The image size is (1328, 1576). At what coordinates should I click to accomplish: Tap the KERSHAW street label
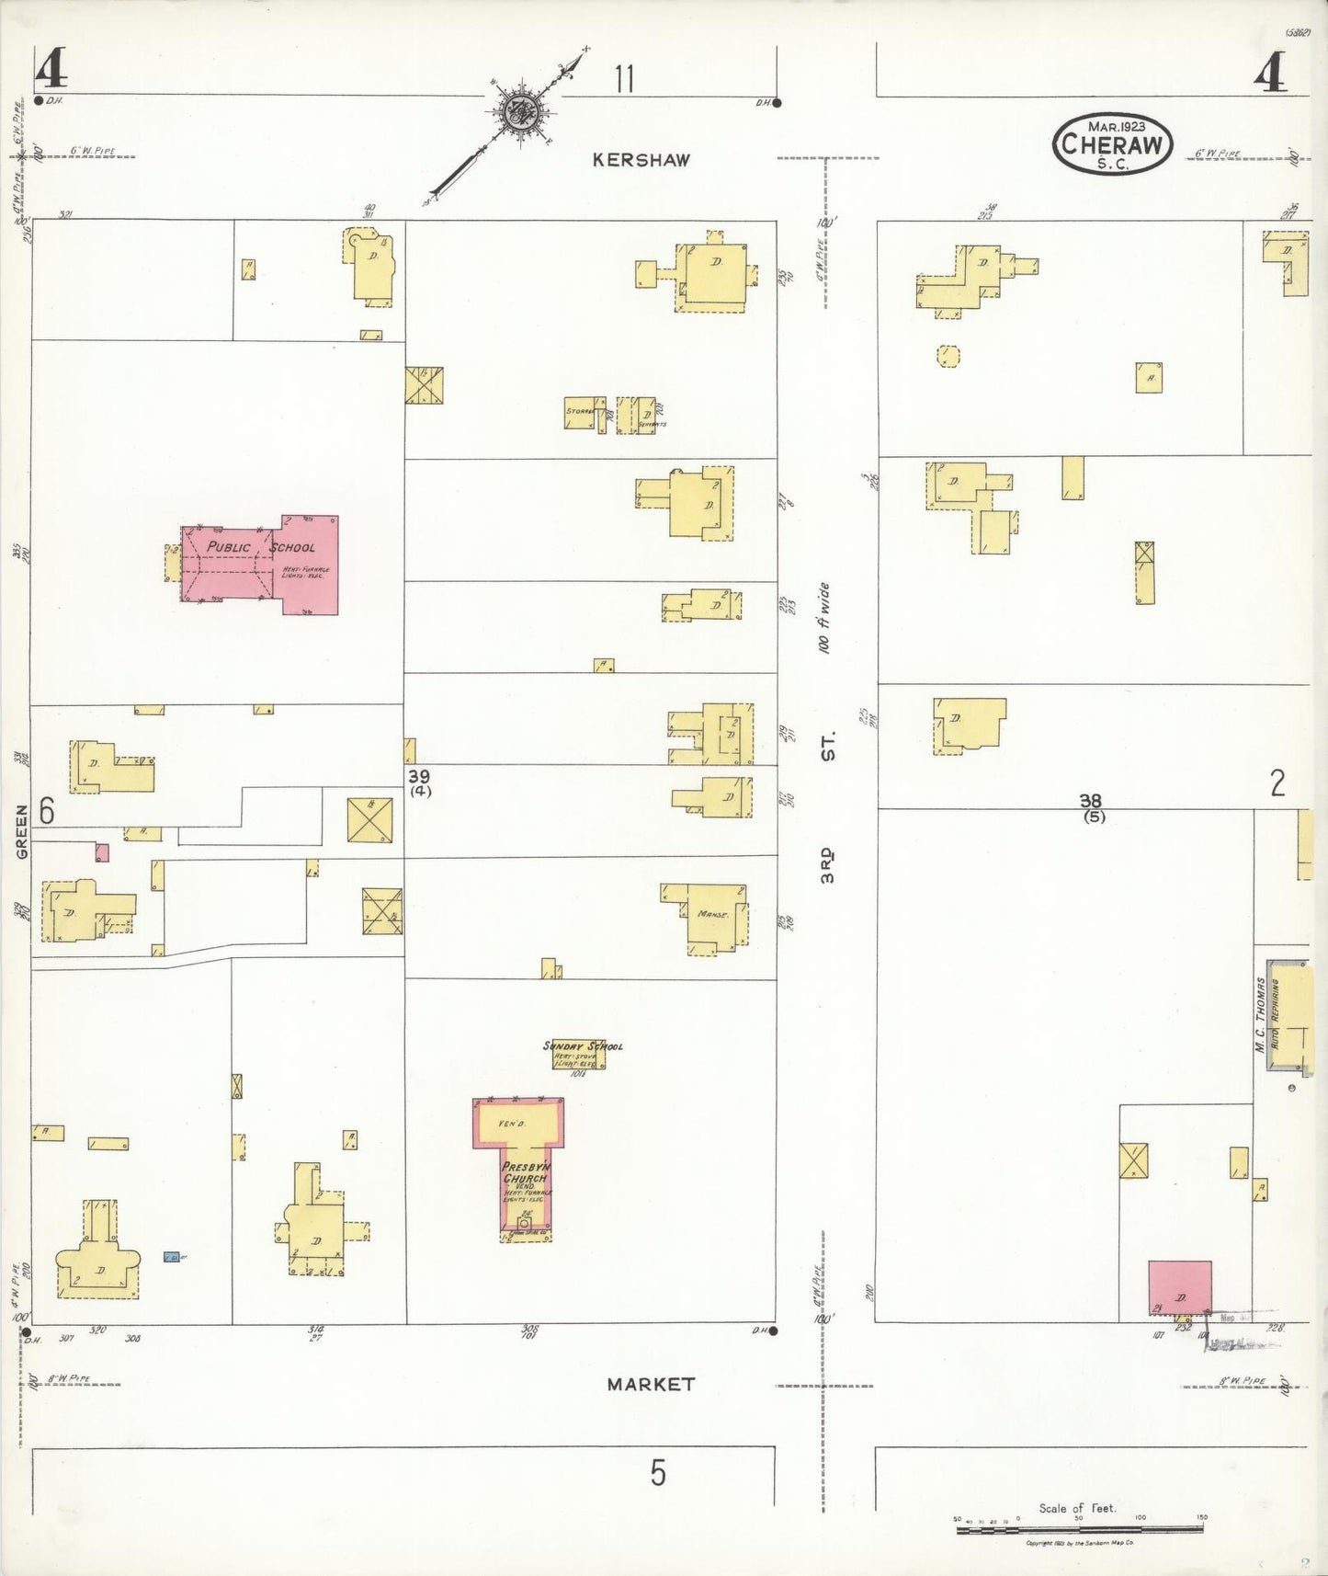(641, 160)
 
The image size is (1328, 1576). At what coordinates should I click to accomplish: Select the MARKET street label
(651, 1383)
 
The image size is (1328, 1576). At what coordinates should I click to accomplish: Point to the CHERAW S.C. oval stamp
(1112, 143)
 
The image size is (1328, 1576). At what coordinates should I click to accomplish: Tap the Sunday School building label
(583, 1046)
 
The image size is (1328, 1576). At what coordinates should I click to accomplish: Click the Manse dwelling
(713, 916)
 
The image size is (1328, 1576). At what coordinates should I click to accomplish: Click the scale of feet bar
(1080, 1529)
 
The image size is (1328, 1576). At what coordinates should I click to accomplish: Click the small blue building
(171, 1257)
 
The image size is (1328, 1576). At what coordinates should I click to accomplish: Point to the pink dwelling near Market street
(1179, 1287)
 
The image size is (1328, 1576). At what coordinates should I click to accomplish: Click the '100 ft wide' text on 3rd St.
(824, 617)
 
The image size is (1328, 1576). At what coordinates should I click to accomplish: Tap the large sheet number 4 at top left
(50, 70)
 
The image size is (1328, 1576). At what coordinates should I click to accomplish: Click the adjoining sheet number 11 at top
(625, 79)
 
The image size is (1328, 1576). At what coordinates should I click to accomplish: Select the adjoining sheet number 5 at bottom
(658, 1472)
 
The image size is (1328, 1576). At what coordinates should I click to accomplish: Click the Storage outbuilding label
(580, 411)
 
